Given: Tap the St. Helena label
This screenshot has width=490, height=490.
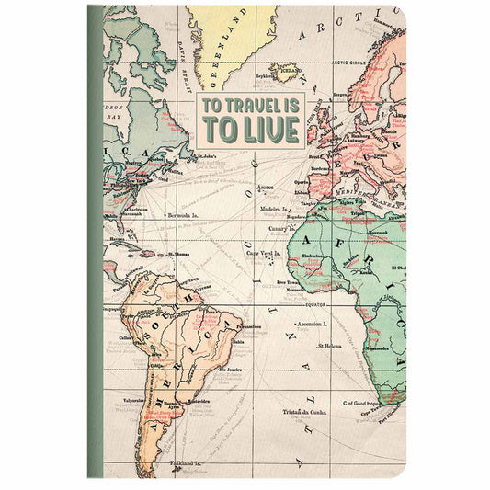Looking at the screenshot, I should click(x=330, y=346).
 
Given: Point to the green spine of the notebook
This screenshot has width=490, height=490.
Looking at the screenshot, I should click(x=95, y=245).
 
